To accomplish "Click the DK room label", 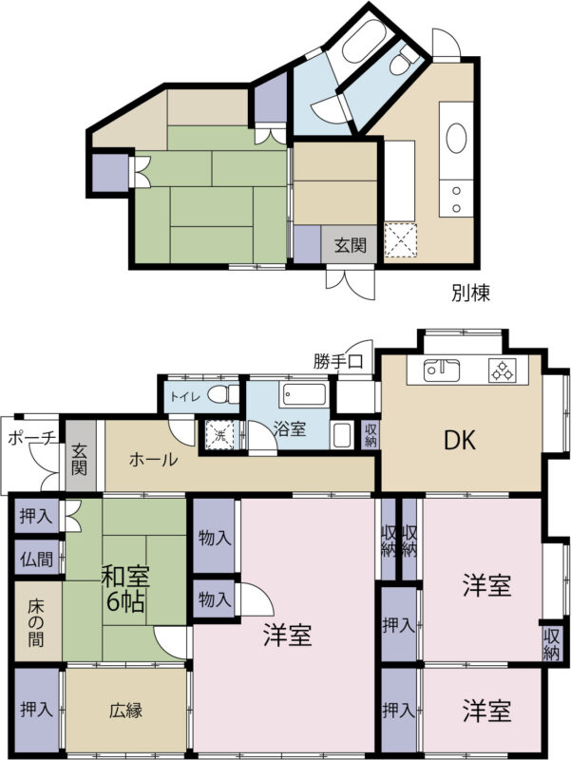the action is (461, 440).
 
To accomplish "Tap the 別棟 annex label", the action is (470, 293).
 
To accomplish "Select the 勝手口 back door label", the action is (338, 361).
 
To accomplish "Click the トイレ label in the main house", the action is (184, 396).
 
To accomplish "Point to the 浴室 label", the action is (290, 429).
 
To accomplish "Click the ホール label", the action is (153, 459).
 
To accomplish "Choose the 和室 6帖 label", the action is (125, 589).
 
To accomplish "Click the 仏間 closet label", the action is (37, 560).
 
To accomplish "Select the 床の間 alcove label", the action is (35, 623).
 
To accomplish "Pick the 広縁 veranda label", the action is (125, 711).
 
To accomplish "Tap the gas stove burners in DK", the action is (503, 370).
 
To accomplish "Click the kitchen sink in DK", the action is (442, 370).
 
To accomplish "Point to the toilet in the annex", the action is (403, 62).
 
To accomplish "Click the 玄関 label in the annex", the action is (350, 246).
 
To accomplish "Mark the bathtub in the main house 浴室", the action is (305, 395).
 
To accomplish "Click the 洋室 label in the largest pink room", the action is (288, 636).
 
